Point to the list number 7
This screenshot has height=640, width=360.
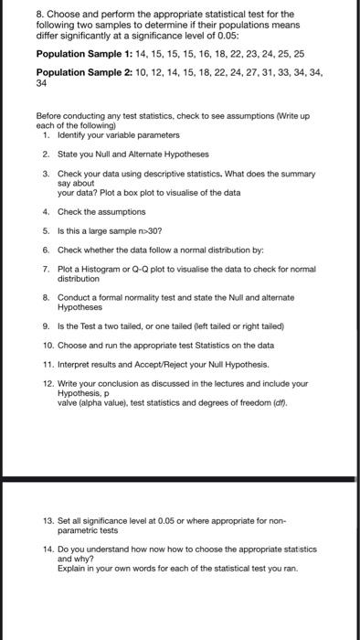(x=44, y=266)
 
